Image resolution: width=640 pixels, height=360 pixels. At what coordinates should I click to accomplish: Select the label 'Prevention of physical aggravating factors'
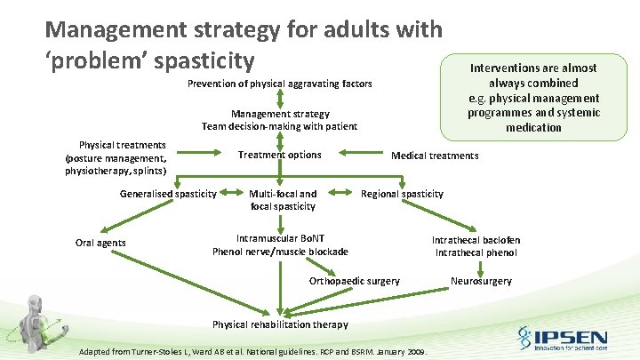click(x=279, y=84)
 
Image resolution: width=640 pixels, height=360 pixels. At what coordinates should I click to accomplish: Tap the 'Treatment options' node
click(x=279, y=155)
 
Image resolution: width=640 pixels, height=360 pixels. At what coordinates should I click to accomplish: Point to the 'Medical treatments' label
click(x=435, y=156)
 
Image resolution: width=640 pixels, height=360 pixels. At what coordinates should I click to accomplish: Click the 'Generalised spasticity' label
click(x=168, y=194)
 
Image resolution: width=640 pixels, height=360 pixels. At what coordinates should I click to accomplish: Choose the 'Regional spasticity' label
click(x=402, y=194)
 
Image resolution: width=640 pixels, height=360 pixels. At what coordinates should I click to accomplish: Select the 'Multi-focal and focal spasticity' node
click(x=283, y=200)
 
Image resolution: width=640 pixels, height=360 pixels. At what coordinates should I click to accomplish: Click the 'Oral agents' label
click(x=100, y=243)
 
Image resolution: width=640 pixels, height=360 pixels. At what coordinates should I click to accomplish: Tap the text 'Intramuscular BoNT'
click(x=279, y=238)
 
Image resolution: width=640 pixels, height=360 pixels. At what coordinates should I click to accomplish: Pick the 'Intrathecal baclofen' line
click(x=476, y=240)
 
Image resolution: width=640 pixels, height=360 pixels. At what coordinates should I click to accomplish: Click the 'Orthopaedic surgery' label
click(x=354, y=281)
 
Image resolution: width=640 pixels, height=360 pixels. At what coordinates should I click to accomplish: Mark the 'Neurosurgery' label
click(x=481, y=281)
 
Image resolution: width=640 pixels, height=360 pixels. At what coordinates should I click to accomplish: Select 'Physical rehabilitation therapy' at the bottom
click(x=280, y=324)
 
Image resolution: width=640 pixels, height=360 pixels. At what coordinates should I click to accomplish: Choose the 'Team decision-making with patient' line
click(x=279, y=126)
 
